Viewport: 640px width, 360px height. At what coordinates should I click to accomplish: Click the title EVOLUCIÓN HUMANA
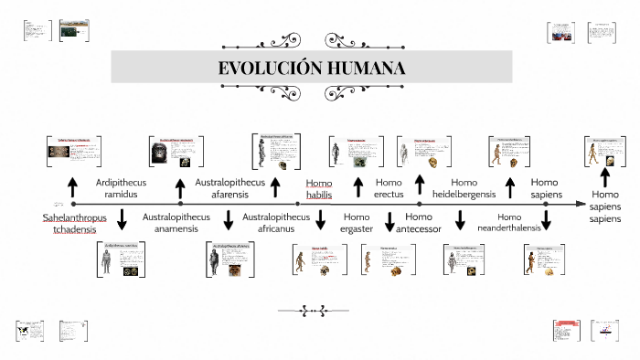[x=313, y=69]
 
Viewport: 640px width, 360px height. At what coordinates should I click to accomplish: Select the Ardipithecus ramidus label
[x=121, y=188]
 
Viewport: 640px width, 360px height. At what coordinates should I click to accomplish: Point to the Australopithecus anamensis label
[x=176, y=223]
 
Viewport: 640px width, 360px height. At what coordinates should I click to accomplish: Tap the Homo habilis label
[x=319, y=188]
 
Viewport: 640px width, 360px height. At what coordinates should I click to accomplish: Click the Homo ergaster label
[x=357, y=223]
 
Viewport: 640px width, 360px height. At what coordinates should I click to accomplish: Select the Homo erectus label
[x=389, y=188]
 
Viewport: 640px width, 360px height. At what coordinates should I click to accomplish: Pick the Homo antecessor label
[x=419, y=223]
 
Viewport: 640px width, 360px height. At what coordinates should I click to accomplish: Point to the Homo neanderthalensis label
[x=509, y=223]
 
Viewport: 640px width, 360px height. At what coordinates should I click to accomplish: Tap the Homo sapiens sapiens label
[x=604, y=206]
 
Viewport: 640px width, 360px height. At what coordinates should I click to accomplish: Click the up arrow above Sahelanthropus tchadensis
[x=71, y=187]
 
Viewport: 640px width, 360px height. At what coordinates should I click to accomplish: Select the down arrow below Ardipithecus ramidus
[x=122, y=220]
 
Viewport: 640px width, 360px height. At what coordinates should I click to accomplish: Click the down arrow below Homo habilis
[x=321, y=220]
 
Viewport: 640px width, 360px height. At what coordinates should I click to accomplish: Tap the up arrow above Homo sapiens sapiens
[x=604, y=178]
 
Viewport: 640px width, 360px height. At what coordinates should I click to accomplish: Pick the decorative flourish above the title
[x=313, y=37]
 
